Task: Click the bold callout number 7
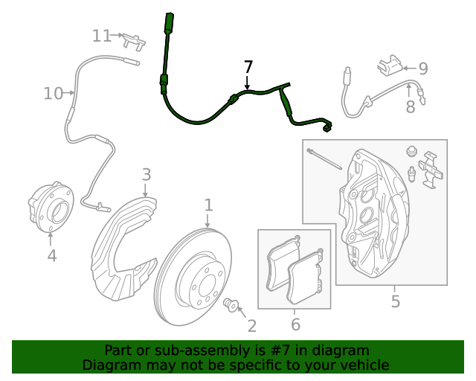(248, 67)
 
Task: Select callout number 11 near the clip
(101, 36)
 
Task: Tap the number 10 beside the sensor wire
(53, 93)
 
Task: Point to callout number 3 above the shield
(147, 175)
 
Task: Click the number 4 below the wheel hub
(52, 255)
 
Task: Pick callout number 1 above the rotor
(208, 205)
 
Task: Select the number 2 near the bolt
(252, 326)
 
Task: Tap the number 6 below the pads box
(295, 324)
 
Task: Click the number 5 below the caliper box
(395, 301)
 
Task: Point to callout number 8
(411, 107)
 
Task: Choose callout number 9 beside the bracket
(423, 68)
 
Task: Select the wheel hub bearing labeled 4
(51, 207)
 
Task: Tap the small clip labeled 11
(134, 42)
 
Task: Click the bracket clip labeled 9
(390, 65)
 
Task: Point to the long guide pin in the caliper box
(324, 159)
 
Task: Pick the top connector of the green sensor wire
(169, 22)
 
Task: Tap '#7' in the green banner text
(280, 350)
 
